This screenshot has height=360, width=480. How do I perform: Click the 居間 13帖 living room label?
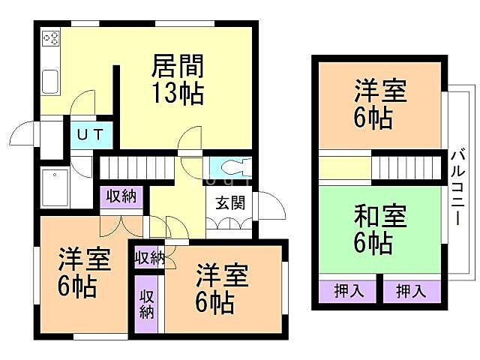click(178, 79)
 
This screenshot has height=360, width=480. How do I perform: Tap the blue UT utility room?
click(91, 136)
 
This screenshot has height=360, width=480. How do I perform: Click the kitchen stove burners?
click(51, 37)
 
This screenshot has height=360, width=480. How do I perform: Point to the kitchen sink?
click(51, 81)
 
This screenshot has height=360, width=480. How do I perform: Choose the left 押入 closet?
click(345, 291)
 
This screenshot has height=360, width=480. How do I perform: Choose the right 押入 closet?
click(412, 291)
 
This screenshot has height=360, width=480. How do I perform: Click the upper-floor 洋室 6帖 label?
click(380, 105)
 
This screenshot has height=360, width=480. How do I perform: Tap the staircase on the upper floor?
click(406, 167)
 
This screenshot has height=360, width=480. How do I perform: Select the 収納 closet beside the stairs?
click(120, 197)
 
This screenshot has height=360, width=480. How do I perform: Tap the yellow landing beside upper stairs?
click(345, 167)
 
